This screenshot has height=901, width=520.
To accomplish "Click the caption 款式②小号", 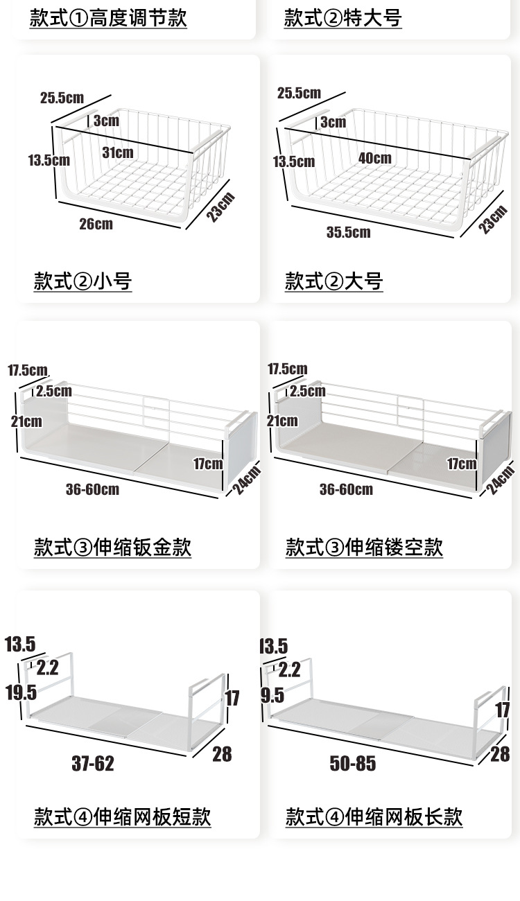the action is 83,281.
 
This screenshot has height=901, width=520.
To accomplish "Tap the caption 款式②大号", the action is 333,281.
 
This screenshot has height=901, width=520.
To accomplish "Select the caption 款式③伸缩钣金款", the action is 112,547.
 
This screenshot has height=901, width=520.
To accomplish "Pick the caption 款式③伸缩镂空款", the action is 364,547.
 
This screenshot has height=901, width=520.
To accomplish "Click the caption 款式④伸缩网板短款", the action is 122,816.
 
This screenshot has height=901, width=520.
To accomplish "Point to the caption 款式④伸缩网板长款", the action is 374,816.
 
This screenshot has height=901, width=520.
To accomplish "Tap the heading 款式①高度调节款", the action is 107,18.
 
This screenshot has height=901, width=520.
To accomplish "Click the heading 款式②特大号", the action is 343,18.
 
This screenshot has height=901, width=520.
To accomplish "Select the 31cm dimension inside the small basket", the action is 118,152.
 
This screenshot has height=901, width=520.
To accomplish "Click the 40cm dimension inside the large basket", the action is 374,158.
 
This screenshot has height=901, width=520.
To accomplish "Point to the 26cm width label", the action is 96,223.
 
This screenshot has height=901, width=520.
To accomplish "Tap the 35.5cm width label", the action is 348,231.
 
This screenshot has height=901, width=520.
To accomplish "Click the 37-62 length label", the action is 93,764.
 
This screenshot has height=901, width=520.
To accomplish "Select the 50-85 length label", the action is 353,764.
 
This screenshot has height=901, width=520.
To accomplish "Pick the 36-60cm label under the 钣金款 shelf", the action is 92,489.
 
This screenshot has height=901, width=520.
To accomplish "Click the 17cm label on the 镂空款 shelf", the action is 462,463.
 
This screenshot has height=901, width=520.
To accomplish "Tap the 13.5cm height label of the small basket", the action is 49,160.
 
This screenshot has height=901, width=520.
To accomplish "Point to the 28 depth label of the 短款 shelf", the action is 222,754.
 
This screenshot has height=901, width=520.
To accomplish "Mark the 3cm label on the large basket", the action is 333,123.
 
